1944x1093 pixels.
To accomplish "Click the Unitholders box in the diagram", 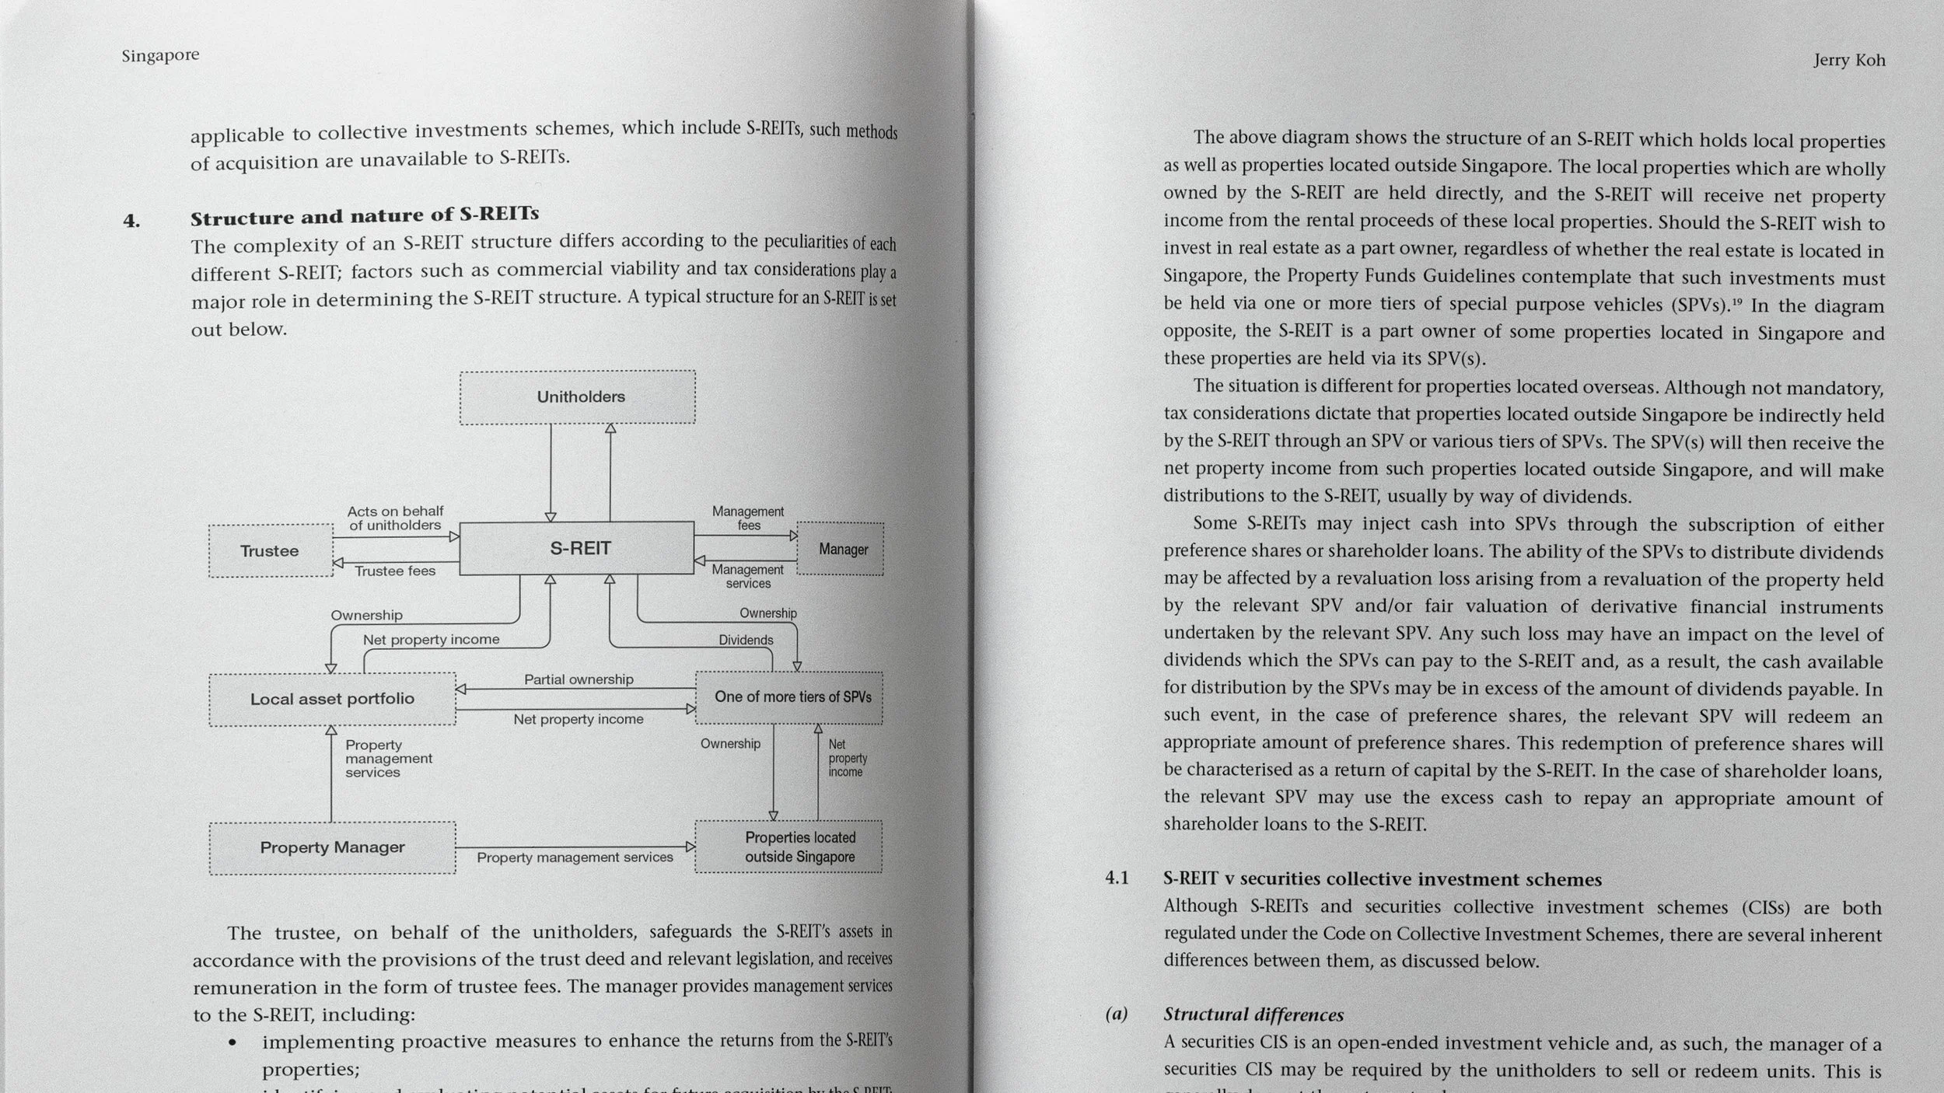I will [578, 397].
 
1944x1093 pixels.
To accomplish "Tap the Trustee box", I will [271, 551].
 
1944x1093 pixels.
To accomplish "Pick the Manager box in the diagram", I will [841, 550].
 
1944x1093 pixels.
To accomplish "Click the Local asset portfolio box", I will [332, 699].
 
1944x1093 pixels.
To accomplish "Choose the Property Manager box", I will [332, 847].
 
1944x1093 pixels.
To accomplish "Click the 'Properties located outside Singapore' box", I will [789, 847].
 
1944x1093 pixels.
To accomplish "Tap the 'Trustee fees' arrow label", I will [395, 571].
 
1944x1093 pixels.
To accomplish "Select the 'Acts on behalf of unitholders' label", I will [395, 519].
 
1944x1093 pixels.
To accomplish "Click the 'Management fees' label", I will [748, 519].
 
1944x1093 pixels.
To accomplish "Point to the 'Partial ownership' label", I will [579, 679].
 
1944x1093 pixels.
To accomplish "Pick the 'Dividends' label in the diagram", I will [746, 641].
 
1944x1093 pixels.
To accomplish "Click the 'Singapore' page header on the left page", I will [160, 55].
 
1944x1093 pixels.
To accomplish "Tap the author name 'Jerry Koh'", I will [1849, 61].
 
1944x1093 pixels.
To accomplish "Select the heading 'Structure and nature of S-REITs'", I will [365, 216].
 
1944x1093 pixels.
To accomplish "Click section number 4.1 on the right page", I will [1117, 878].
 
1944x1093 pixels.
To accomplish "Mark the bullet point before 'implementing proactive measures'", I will [233, 1042].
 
